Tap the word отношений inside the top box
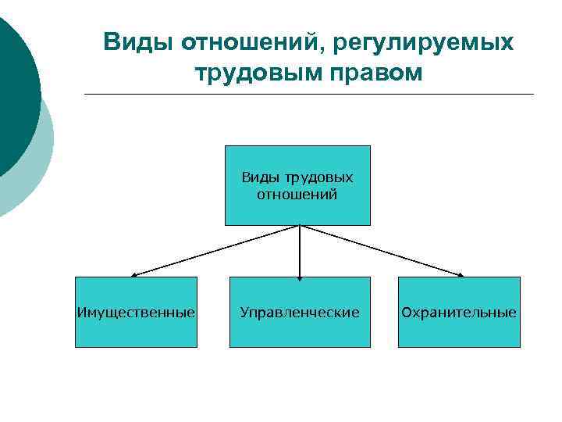point(297,194)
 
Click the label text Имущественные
point(136,313)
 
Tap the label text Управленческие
point(300,313)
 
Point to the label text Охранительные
point(458,313)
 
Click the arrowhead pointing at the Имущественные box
point(134,275)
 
